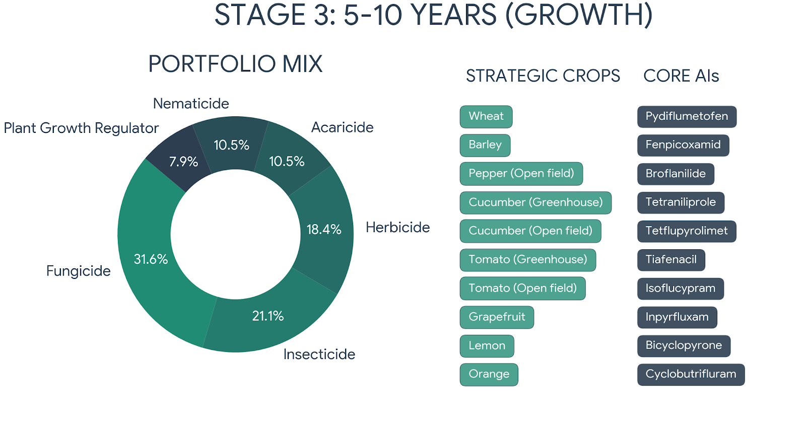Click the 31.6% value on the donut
[151, 259]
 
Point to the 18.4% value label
[324, 229]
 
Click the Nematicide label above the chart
[191, 104]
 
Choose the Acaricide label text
[342, 127]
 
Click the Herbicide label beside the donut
[397, 228]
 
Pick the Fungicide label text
[78, 271]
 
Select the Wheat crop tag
[486, 116]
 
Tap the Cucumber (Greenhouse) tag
[535, 202]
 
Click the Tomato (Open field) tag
[522, 288]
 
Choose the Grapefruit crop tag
[496, 317]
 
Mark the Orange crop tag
[489, 374]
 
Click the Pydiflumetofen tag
[686, 116]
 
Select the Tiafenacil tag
[670, 259]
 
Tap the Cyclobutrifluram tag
[690, 374]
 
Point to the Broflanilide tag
[675, 174]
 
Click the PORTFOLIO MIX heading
[235, 64]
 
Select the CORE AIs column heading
[681, 76]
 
